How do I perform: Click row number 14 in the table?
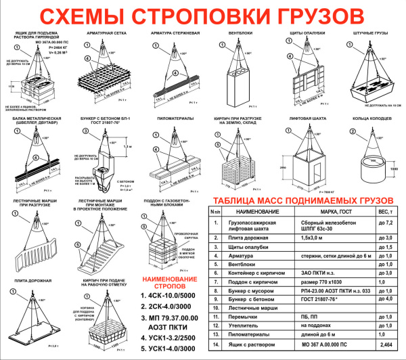point(215,344)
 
